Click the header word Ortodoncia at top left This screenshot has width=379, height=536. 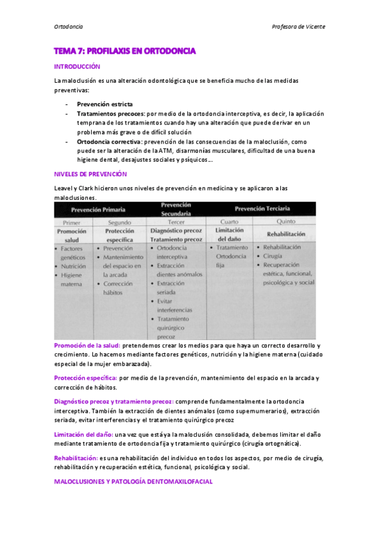[68, 27]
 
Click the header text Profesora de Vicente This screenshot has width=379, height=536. [298, 27]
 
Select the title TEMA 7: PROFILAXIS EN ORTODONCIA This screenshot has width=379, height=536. [125, 51]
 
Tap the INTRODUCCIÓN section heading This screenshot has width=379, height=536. [77, 66]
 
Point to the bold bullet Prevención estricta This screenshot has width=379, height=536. [105, 104]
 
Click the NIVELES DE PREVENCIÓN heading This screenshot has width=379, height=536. [90, 173]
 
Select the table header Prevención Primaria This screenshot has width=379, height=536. [98, 209]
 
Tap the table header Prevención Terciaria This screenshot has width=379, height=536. [264, 209]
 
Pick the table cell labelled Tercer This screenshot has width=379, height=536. [176, 222]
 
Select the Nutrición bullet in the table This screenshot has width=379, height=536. [73, 266]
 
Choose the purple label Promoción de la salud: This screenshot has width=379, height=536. [87, 346]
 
